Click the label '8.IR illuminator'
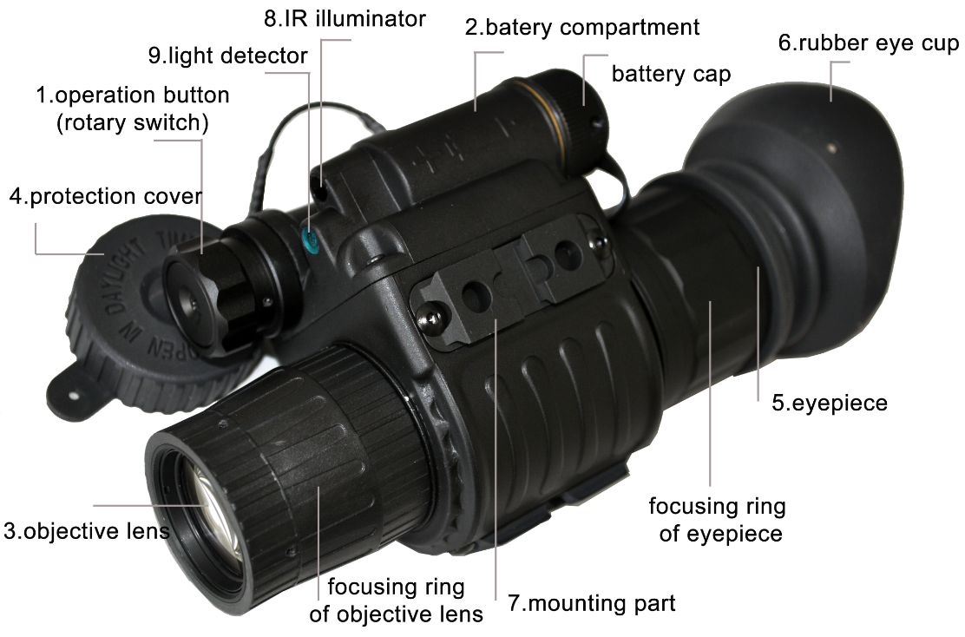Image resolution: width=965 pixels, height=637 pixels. tap(345, 18)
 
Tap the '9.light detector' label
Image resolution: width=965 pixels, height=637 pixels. tap(227, 56)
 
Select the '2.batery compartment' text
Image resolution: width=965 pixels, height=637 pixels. tap(582, 28)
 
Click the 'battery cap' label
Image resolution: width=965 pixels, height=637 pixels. tap(671, 74)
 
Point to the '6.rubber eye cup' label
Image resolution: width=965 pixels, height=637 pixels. tap(869, 43)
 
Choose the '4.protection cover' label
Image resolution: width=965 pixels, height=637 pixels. tap(106, 196)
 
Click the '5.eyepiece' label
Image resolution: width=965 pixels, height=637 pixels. tap(830, 404)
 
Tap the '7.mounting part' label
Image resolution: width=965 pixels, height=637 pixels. tap(592, 603)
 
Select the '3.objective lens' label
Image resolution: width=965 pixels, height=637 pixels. tap(86, 531)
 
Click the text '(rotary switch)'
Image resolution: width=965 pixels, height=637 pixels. tap(132, 122)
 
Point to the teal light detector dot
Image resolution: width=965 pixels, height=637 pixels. tap(310, 240)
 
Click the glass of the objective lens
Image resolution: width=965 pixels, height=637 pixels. tap(213, 511)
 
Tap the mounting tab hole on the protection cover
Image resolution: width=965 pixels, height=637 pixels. tap(73, 391)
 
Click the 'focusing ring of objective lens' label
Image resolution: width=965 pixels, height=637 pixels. tap(396, 600)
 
